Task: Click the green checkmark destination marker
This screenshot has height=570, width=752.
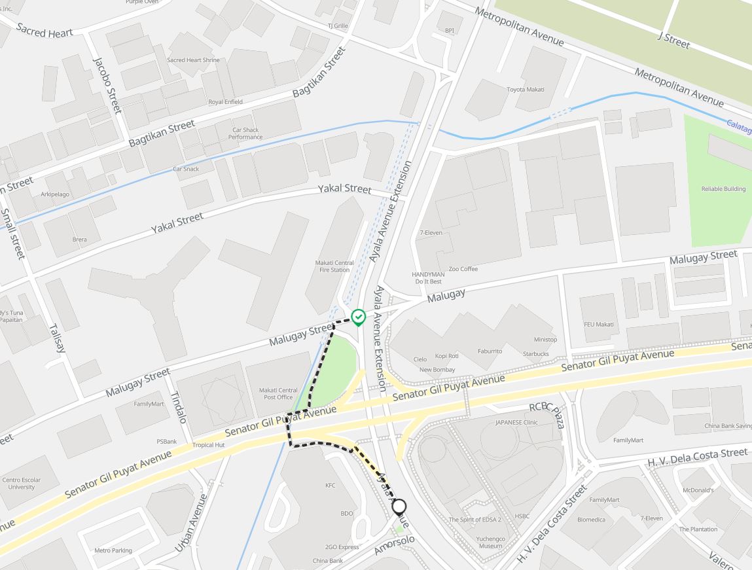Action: click(x=358, y=317)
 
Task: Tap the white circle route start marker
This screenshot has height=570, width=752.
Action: click(x=399, y=507)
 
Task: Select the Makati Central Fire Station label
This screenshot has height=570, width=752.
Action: click(x=334, y=266)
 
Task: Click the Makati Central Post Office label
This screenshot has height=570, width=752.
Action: click(x=278, y=394)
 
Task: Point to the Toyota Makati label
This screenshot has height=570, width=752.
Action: click(x=526, y=90)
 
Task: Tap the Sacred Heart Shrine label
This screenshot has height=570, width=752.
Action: click(x=193, y=60)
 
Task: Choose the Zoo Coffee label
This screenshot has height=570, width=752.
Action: click(x=463, y=269)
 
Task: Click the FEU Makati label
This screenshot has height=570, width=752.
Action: click(x=599, y=325)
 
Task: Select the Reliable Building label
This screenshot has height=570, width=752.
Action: click(x=723, y=189)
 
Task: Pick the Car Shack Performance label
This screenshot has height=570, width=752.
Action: click(x=245, y=134)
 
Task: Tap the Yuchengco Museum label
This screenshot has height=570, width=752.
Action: click(x=490, y=543)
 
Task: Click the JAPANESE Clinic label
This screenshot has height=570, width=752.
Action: click(x=516, y=423)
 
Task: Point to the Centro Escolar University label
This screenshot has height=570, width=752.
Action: click(x=22, y=484)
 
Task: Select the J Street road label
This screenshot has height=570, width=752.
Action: click(x=674, y=39)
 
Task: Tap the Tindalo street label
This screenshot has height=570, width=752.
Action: click(x=178, y=407)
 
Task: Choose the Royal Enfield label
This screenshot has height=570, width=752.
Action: click(x=225, y=102)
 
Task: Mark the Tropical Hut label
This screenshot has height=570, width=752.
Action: click(x=208, y=445)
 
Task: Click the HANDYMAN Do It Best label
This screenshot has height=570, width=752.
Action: click(x=428, y=278)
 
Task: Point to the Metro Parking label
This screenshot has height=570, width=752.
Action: click(x=113, y=550)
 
